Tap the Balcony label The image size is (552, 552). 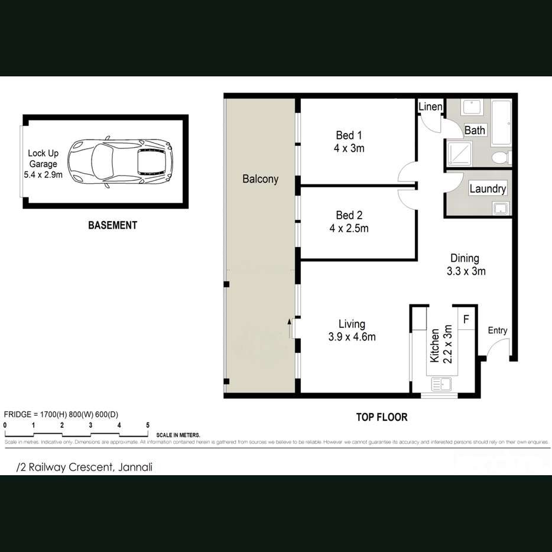260,179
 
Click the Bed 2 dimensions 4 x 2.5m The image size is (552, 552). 349,228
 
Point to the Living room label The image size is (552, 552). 352,324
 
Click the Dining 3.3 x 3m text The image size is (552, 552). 465,265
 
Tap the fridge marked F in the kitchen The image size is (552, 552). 466,320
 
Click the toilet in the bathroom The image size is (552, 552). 500,158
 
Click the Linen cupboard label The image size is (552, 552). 430,107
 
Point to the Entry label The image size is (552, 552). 497,330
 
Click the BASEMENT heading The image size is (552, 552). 112,225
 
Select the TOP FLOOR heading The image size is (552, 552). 381,417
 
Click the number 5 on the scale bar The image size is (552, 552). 148,425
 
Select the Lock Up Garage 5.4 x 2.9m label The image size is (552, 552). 45,164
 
